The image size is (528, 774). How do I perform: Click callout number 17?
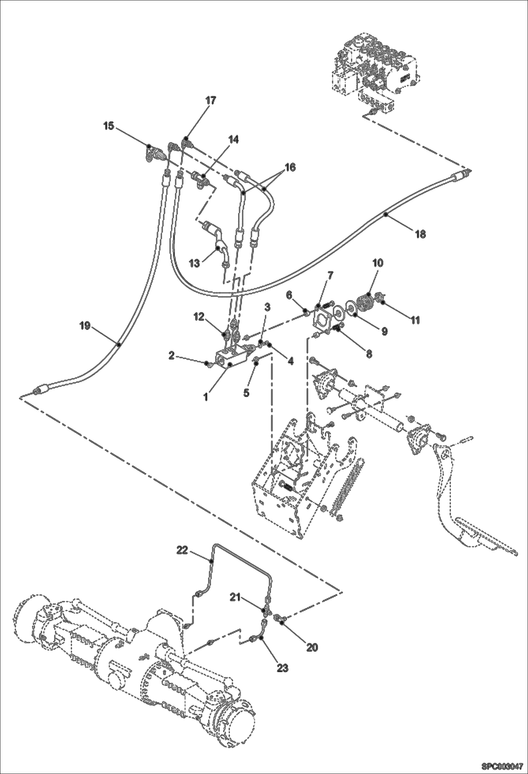pyautogui.click(x=210, y=101)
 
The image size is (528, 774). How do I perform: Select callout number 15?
pyautogui.click(x=109, y=126)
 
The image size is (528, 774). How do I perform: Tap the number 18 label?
pyautogui.click(x=420, y=234)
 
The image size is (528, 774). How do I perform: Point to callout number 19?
pyautogui.click(x=85, y=326)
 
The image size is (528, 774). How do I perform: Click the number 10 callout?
pyautogui.click(x=377, y=263)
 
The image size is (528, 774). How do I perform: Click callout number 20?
pyautogui.click(x=312, y=647)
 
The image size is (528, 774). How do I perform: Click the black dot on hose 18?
pyautogui.click(x=386, y=214)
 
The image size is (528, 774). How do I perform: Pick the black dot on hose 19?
pyautogui.click(x=119, y=345)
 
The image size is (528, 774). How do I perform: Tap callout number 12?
pyautogui.click(x=199, y=317)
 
